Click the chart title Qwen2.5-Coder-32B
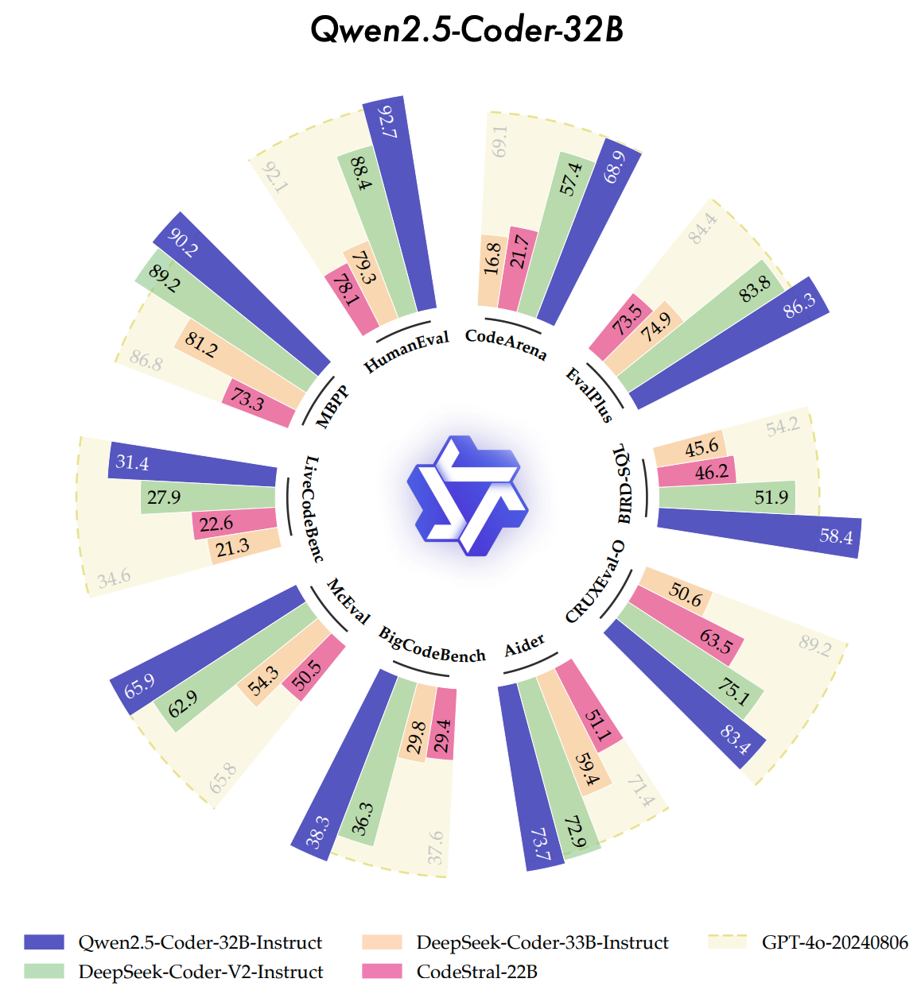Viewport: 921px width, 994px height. [x=467, y=29]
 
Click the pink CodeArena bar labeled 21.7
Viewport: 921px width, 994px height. [x=518, y=270]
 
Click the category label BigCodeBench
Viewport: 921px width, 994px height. [x=432, y=644]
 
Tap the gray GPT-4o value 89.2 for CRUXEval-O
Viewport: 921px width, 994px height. [x=814, y=645]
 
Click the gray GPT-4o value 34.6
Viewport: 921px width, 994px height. [x=115, y=578]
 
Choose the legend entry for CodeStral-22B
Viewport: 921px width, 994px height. [x=476, y=972]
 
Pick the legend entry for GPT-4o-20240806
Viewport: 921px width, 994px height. [x=834, y=942]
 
